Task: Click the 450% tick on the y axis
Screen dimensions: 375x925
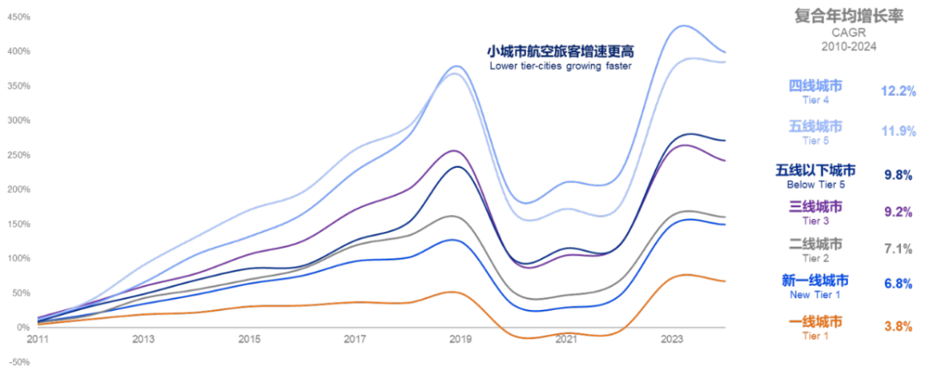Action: [20, 16]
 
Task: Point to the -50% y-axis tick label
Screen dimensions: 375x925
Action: [20, 361]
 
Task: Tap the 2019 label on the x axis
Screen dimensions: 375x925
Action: [461, 340]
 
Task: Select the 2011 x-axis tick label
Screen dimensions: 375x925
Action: [37, 340]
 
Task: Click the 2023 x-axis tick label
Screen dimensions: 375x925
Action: [672, 340]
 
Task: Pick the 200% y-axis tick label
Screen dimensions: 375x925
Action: [20, 188]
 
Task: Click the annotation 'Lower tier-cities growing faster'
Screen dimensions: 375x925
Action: [560, 66]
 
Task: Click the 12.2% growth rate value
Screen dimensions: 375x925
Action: [898, 90]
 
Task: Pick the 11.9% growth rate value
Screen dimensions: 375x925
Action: [898, 131]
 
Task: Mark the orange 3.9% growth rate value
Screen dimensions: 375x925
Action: [898, 325]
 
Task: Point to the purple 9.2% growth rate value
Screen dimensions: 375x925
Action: [898, 211]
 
